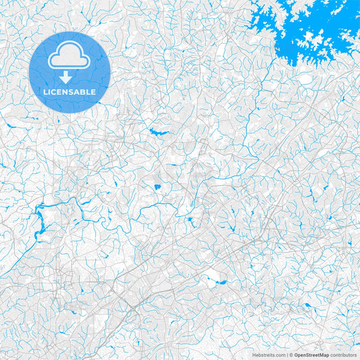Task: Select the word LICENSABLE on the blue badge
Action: tap(69, 92)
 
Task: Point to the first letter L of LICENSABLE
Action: tap(45, 92)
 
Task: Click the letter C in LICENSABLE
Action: tap(55, 92)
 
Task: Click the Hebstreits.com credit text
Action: tap(269, 355)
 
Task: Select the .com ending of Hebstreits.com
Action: tap(280, 355)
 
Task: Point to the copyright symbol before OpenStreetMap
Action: tap(292, 355)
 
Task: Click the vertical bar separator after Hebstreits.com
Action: tap(288, 355)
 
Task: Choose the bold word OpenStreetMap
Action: tap(312, 355)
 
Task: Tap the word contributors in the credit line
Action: tap(344, 355)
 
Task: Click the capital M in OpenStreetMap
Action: tap(324, 355)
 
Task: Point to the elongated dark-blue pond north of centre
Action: tap(159, 132)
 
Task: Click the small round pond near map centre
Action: tap(157, 186)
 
